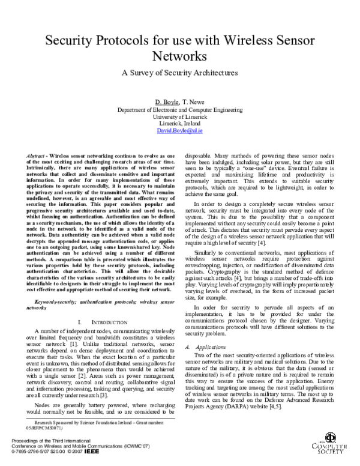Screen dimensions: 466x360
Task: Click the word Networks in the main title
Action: (x=180, y=56)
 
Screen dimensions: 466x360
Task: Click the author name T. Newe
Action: (x=194, y=102)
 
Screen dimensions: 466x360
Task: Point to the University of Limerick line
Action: (x=180, y=117)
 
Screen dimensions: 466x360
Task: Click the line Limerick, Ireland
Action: (x=180, y=123)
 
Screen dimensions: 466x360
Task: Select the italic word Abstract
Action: (x=38, y=156)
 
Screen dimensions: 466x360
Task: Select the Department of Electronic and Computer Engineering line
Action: (x=180, y=110)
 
